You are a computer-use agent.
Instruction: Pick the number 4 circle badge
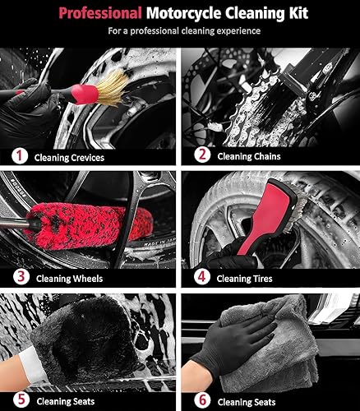(x=199, y=277)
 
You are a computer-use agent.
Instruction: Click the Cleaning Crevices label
(x=68, y=156)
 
